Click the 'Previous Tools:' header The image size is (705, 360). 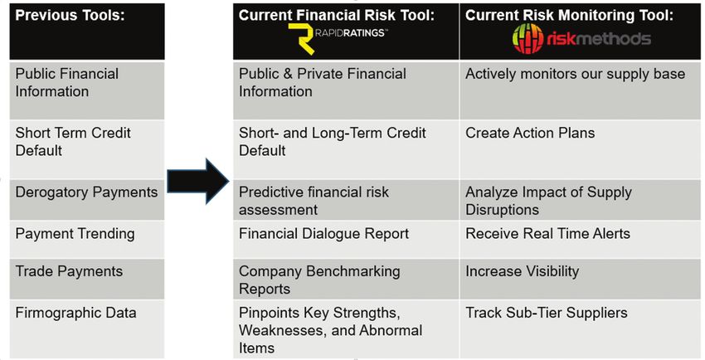(x=70, y=15)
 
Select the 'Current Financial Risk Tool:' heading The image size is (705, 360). (x=337, y=15)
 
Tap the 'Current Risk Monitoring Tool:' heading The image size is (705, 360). (x=569, y=15)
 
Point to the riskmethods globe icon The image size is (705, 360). (x=528, y=39)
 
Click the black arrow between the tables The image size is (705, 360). (x=198, y=182)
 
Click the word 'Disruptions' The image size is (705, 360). (x=502, y=210)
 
